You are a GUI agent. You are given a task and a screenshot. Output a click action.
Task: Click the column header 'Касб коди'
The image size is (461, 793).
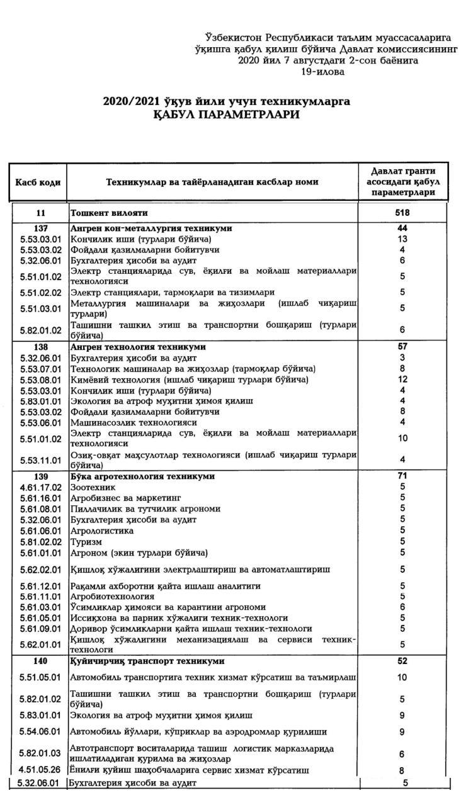click(38, 182)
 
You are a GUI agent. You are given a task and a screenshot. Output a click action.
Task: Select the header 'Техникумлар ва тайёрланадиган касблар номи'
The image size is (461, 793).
click(212, 182)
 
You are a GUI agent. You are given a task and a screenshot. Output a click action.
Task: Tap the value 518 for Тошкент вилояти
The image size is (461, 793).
click(402, 213)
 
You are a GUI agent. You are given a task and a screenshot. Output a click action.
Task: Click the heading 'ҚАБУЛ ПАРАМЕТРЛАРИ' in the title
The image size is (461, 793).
click(226, 115)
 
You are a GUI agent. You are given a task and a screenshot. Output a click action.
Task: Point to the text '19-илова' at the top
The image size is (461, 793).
click(322, 72)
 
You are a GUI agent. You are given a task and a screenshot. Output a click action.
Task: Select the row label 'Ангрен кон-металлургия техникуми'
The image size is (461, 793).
click(151, 228)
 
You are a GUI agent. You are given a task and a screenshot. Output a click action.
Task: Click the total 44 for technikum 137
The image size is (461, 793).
click(402, 228)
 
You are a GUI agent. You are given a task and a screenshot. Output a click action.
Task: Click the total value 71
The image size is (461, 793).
click(402, 476)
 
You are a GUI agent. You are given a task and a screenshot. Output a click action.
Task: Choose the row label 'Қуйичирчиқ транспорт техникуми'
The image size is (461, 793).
click(147, 661)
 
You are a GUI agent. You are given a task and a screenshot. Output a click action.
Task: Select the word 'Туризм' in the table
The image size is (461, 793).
click(86, 542)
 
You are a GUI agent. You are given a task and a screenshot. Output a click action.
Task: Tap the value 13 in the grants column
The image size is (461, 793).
click(402, 239)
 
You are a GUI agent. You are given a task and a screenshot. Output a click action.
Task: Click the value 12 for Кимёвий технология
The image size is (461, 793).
click(402, 380)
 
